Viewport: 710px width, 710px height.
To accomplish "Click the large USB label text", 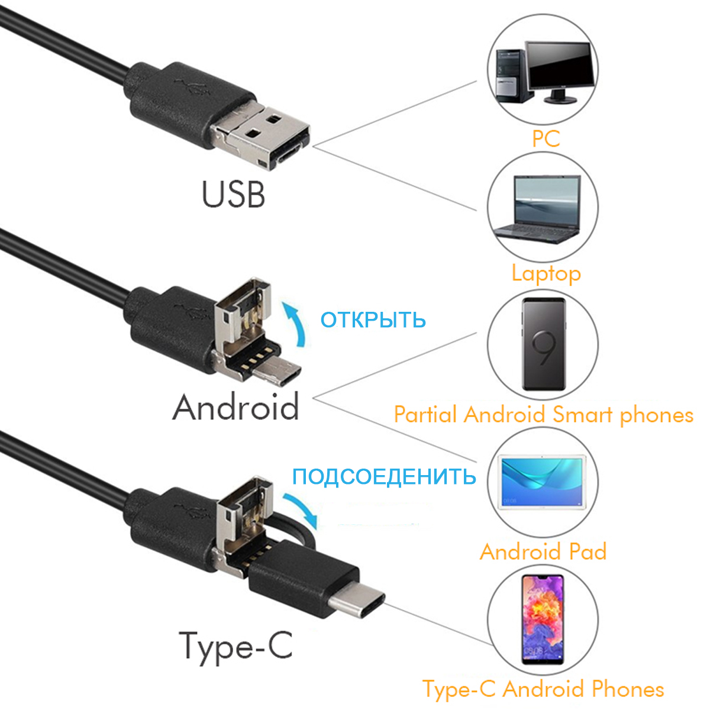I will [x=233, y=195].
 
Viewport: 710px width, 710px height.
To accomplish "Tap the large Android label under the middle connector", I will [x=235, y=408].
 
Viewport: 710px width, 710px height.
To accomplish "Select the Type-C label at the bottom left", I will [x=235, y=646].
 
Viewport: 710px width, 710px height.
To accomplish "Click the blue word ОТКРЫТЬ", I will [x=373, y=320].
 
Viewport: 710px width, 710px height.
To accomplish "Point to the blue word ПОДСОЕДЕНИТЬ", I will [x=384, y=476].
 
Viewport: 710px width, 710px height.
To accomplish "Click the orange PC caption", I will [x=546, y=139].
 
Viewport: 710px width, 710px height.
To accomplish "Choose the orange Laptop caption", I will [x=546, y=273].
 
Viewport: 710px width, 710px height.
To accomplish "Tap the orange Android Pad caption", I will [x=543, y=551].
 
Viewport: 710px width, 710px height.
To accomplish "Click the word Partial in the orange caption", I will [x=427, y=415].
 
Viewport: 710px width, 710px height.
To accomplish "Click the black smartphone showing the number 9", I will [x=543, y=343].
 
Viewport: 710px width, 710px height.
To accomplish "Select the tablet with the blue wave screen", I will [x=543, y=482].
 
